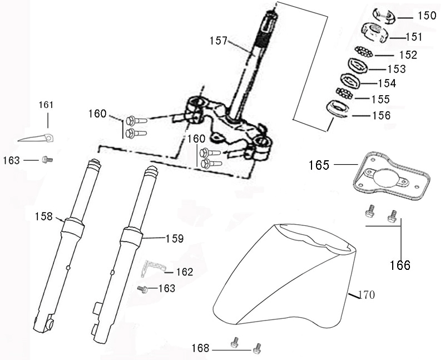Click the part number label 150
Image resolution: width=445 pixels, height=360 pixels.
(427, 16)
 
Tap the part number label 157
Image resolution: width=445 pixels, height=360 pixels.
(219, 41)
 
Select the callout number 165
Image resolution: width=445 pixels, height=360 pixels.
(319, 165)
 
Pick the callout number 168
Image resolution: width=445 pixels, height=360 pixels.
(201, 348)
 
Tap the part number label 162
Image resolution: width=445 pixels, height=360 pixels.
(184, 272)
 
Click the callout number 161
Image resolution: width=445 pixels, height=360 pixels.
(47, 105)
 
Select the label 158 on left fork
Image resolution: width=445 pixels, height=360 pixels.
(43, 216)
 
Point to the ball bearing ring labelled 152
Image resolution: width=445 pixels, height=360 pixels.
(364, 53)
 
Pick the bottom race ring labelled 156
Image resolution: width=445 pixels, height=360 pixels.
(338, 108)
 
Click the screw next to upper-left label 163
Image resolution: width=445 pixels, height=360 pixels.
(47, 160)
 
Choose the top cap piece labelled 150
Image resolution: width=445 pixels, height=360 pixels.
(383, 15)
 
